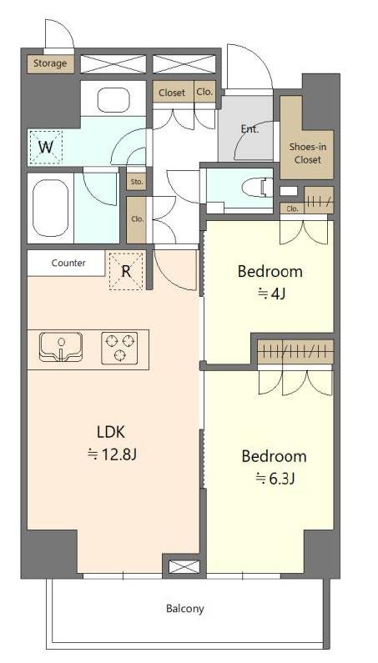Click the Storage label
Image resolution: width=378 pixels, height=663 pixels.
[x=50, y=63]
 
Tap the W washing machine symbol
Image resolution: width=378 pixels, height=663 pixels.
[x=45, y=147]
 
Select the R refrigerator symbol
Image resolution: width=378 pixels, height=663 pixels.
[x=126, y=271]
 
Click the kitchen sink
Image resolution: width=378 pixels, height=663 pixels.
[x=61, y=347]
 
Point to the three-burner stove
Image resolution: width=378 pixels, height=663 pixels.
[x=119, y=348]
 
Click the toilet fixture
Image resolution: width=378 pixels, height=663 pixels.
[x=257, y=188]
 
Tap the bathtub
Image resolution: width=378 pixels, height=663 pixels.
[x=50, y=208]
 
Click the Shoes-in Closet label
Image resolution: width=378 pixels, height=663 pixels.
[x=308, y=153]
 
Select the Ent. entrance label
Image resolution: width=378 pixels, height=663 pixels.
[x=249, y=129]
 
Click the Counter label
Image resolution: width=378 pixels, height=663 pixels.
[x=68, y=263]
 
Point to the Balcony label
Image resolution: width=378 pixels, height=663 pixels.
[x=185, y=609]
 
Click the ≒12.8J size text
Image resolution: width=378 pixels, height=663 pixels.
[x=111, y=455]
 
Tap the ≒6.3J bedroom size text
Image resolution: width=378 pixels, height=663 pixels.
[x=275, y=479]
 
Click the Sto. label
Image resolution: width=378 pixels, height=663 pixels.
[x=136, y=183]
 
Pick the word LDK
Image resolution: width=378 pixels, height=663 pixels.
[x=110, y=432]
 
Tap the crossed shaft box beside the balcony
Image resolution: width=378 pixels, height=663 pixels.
[x=184, y=566]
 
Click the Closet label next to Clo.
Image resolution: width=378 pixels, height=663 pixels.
[x=172, y=93]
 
